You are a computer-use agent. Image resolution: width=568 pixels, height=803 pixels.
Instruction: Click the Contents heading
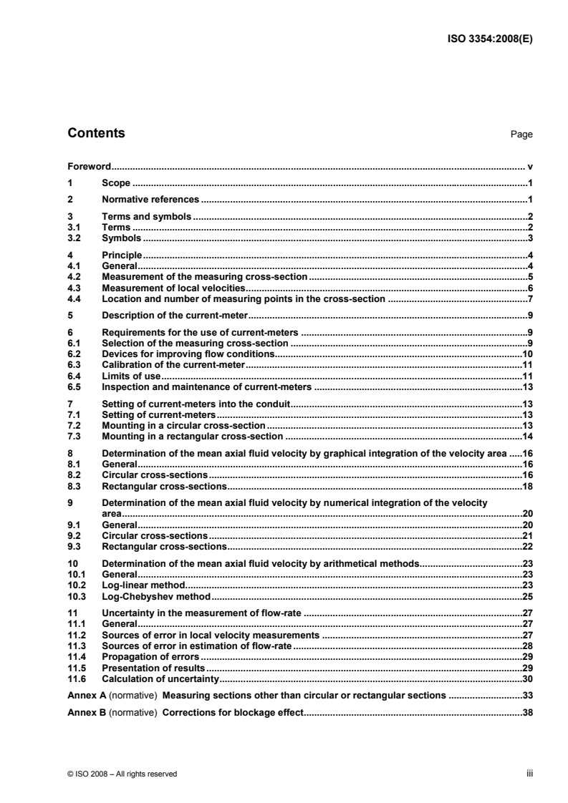pos(96,133)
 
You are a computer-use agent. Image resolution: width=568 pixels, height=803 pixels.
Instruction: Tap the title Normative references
pos(151,199)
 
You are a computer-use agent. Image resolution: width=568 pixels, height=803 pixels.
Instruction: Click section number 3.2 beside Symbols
pos(73,238)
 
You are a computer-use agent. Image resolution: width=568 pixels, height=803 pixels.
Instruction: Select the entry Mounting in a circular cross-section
pos(184,425)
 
